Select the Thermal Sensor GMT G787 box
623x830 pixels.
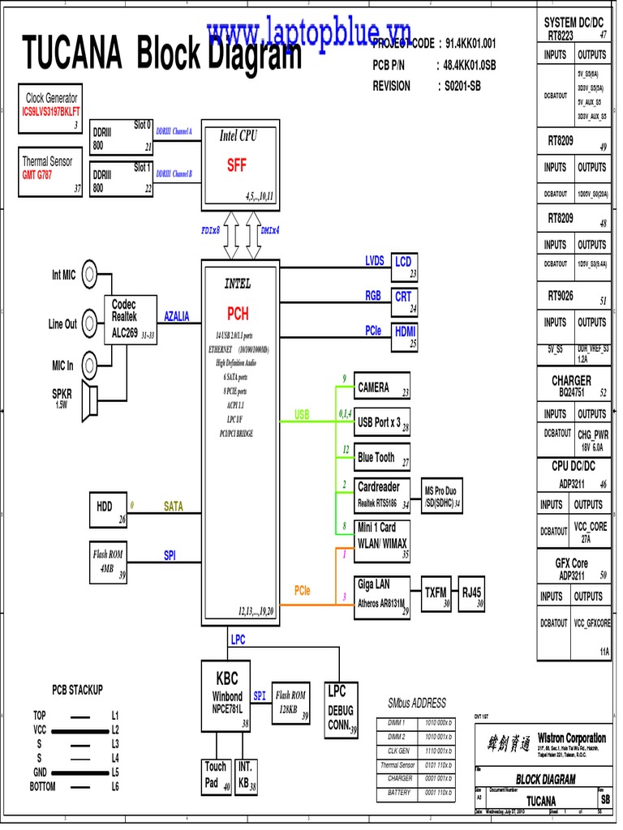51,170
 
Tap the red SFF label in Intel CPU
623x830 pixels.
236,165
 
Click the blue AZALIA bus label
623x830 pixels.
176,316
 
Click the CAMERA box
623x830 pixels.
382,387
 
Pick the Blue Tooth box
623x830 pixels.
382,458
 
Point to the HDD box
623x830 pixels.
110,508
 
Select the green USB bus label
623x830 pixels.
302,415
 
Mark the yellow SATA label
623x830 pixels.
174,507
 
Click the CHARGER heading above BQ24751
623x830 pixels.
572,379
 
